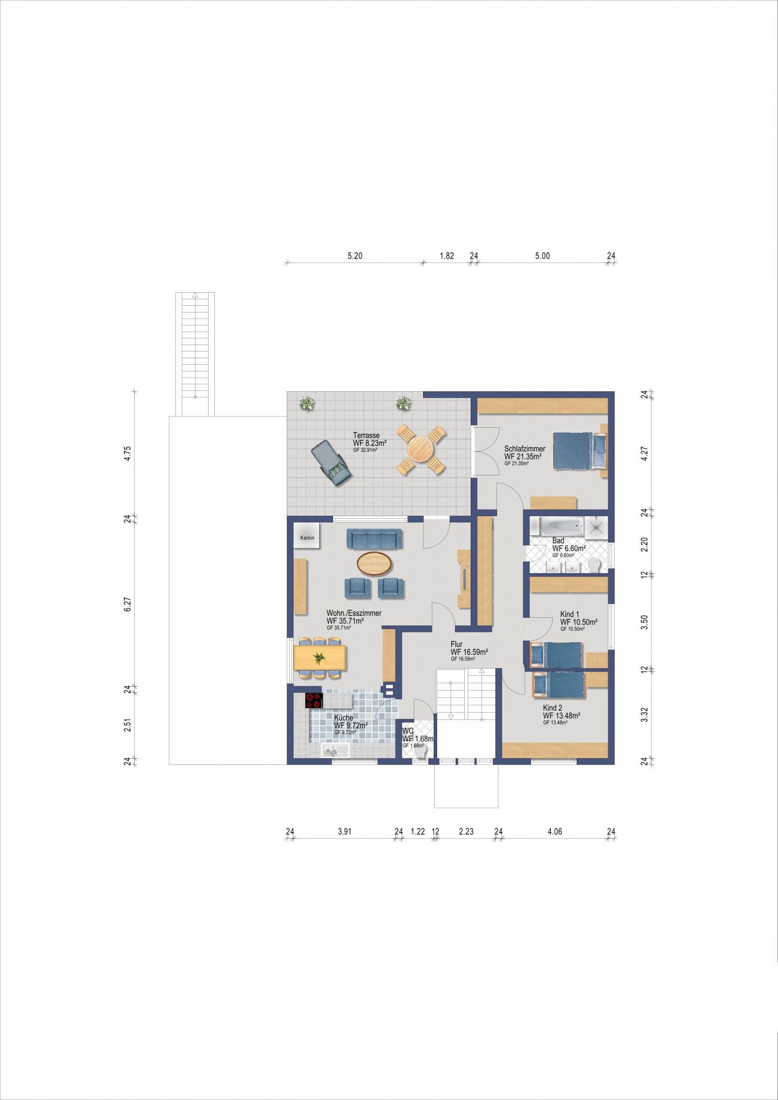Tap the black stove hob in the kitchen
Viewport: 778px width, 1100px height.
pos(314,700)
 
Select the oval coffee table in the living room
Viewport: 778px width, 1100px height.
pos(374,563)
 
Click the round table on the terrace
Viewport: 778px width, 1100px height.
pos(421,449)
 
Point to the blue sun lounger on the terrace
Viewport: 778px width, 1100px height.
pos(332,463)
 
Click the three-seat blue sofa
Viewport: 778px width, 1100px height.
pos(374,539)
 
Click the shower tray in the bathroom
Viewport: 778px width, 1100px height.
pos(596,527)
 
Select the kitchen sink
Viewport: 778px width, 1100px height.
pos(336,751)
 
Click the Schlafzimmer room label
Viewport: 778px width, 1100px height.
pos(525,449)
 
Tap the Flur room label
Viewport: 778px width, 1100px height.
pos(457,645)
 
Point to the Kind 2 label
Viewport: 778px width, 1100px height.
pos(553,708)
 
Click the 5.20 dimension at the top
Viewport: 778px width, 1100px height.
pos(355,256)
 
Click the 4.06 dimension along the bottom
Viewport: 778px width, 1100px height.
pos(555,831)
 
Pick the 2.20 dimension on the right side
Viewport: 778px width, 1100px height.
pos(644,544)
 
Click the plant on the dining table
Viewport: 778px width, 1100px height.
pos(319,658)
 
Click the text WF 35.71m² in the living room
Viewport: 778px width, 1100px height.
pos(345,621)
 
